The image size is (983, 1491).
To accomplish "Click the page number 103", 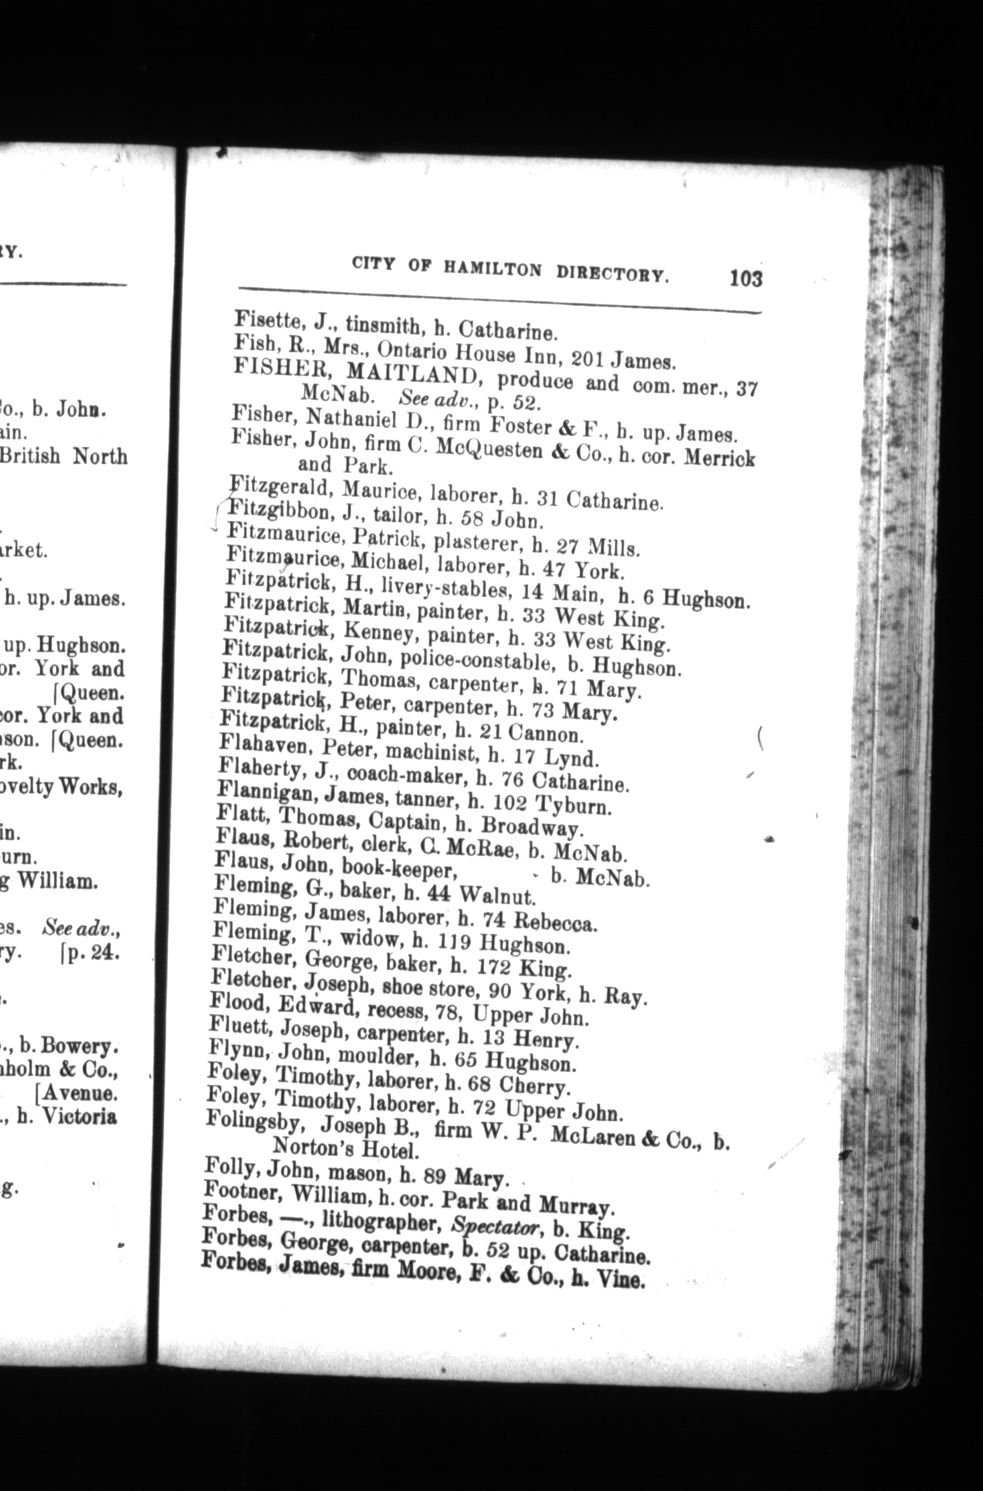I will coord(745,278).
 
